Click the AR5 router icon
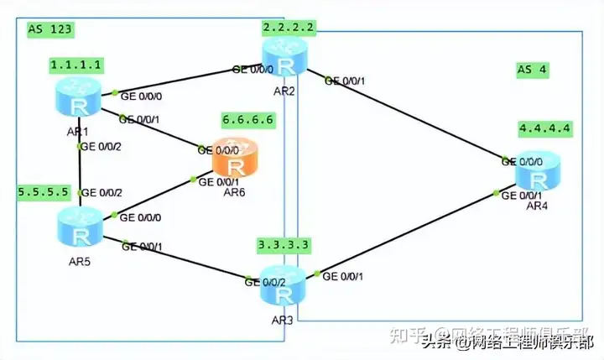tap(81, 225)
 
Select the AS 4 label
tap(532, 70)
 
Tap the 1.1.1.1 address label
tap(76, 64)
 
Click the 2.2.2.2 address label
tap(289, 28)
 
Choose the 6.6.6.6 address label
tap(247, 120)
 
